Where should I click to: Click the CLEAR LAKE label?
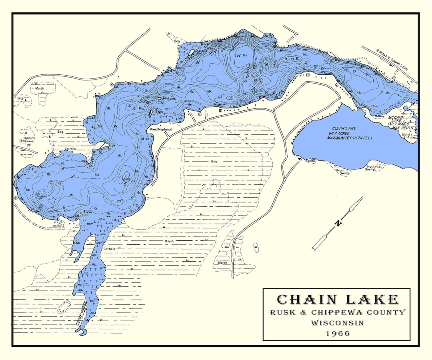(344, 128)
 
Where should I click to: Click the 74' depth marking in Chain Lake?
(240, 56)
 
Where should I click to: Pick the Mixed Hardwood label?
(161, 130)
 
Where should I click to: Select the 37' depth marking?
(130, 106)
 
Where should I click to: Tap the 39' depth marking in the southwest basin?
(41, 197)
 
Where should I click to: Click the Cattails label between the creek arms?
(109, 249)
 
